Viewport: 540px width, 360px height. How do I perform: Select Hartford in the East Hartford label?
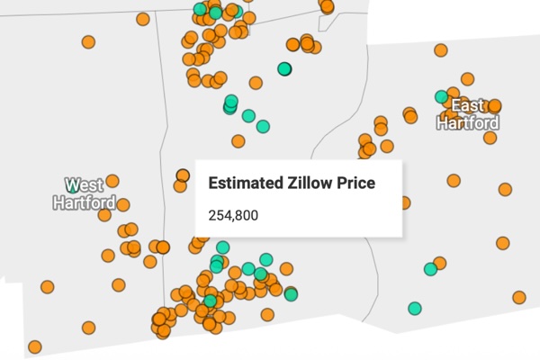(x=468, y=123)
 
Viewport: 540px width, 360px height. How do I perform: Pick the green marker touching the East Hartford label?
(x=442, y=96)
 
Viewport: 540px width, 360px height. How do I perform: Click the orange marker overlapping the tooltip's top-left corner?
(x=183, y=175)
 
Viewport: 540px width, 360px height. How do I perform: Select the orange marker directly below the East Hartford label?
(x=489, y=137)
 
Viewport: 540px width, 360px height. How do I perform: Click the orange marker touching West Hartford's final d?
(x=123, y=205)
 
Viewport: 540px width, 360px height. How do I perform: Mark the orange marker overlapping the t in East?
(x=493, y=105)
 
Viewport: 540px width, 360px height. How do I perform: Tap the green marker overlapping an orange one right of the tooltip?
(x=431, y=267)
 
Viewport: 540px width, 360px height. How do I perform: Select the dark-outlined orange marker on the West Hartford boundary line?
(x=163, y=247)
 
